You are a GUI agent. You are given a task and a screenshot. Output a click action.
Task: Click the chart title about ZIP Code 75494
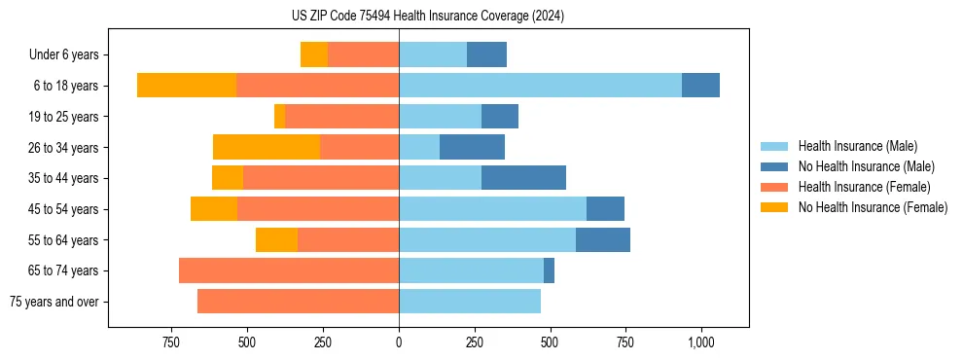pos(428,17)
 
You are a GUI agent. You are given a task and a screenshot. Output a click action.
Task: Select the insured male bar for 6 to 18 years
pos(540,86)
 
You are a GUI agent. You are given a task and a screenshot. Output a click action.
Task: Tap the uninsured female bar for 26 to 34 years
pos(267,147)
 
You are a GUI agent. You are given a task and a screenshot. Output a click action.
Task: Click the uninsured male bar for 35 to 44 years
pos(523,178)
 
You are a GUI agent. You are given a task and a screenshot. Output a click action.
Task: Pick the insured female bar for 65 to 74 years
pos(289,270)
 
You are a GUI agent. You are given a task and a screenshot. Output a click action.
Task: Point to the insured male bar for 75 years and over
pos(470,302)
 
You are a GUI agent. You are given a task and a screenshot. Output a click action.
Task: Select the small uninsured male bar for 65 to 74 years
pos(549,270)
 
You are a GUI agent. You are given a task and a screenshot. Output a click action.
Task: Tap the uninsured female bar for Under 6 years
pos(314,54)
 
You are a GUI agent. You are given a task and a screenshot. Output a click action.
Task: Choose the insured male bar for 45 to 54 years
pos(492,209)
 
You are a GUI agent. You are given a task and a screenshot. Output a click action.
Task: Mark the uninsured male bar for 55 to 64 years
pos(603,239)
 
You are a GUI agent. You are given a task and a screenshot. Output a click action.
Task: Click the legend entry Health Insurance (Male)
pos(857,146)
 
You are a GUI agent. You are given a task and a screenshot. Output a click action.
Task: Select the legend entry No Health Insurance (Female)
pos(873,207)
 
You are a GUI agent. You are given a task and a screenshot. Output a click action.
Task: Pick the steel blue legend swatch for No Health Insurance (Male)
pos(774,166)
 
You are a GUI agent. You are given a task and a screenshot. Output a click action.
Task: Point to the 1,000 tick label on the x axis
pos(701,342)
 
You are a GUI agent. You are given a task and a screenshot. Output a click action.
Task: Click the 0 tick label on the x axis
pos(399,342)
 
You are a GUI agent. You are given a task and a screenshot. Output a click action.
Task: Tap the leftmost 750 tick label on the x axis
pos(171,342)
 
